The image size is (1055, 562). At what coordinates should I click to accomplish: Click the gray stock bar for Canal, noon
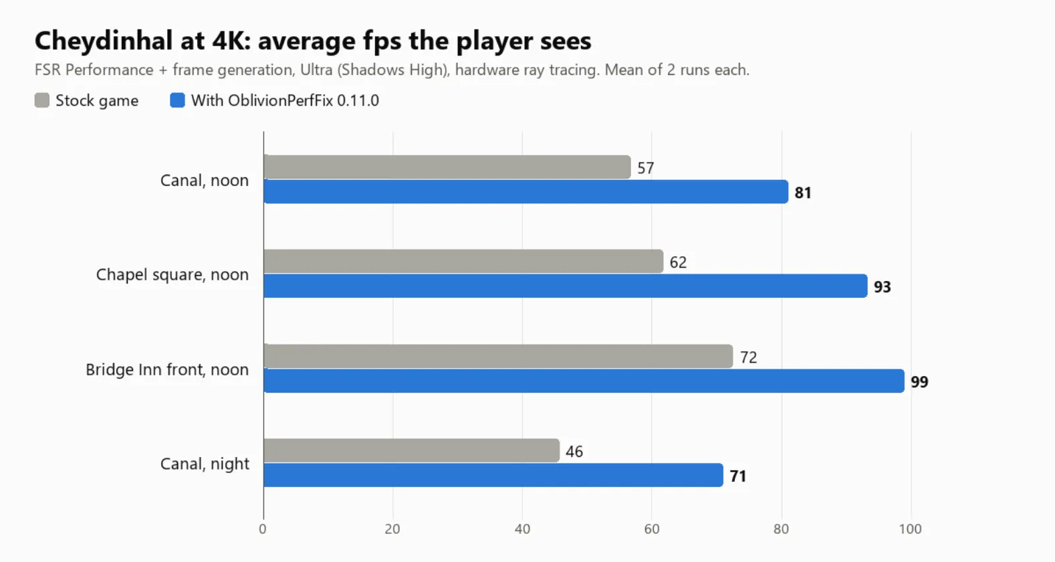tap(447, 167)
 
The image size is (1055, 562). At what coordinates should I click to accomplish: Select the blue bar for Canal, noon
tap(525, 191)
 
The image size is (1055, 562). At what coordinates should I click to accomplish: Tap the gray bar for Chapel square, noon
tap(463, 261)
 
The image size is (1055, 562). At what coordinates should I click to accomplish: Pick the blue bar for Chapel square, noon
tap(565, 286)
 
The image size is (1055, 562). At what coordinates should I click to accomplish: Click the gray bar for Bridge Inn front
tap(498, 356)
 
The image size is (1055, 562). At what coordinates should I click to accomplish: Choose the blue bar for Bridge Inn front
tap(584, 381)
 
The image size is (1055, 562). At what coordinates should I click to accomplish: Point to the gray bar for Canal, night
tap(412, 450)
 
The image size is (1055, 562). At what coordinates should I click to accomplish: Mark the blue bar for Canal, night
tap(493, 475)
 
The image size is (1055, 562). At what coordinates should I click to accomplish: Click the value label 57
tap(646, 168)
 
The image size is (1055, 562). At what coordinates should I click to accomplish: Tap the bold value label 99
tap(919, 381)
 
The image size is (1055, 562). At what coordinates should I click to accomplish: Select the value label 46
tap(574, 451)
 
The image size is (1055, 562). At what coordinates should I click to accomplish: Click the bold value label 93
tap(882, 286)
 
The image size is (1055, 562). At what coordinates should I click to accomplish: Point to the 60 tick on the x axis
tap(652, 529)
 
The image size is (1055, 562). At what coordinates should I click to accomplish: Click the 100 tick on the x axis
tap(910, 529)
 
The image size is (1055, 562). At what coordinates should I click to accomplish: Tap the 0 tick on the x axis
tap(263, 529)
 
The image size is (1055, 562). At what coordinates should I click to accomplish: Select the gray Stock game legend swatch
tap(42, 100)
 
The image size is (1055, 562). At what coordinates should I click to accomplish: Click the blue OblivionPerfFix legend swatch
tap(177, 100)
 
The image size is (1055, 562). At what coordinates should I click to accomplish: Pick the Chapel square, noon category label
tap(172, 274)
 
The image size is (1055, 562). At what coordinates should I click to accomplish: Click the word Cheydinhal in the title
tap(104, 41)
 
